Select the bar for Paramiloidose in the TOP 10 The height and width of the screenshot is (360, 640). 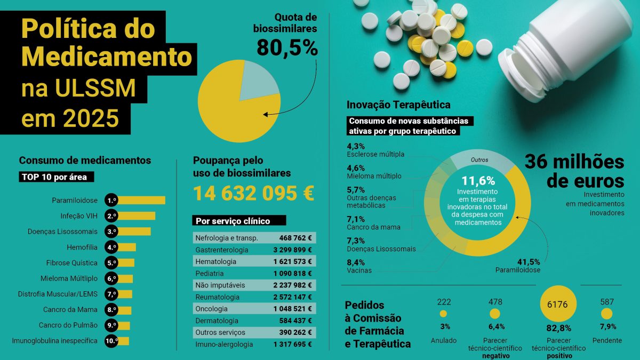pos(141,201)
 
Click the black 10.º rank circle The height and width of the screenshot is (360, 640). pos(111,341)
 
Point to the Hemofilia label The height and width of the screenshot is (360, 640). pos(82,247)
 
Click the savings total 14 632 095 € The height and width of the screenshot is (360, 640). pos(253,193)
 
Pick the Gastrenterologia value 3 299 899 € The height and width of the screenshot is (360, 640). pos(292,250)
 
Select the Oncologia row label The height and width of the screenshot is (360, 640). pos(212,309)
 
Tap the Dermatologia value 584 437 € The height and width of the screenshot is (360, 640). pos(295,321)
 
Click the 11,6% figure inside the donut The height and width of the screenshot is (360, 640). pos(478,180)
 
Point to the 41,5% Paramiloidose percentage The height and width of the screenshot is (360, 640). pos(529,262)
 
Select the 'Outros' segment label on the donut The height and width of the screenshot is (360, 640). pos(479,159)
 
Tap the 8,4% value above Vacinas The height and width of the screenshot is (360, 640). pos(356,262)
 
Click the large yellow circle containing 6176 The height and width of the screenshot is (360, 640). pos(558,305)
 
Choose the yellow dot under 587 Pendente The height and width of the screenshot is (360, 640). pos(607,314)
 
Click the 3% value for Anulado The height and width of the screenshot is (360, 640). pos(444,326)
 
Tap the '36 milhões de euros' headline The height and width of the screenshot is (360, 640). pos(574,170)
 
